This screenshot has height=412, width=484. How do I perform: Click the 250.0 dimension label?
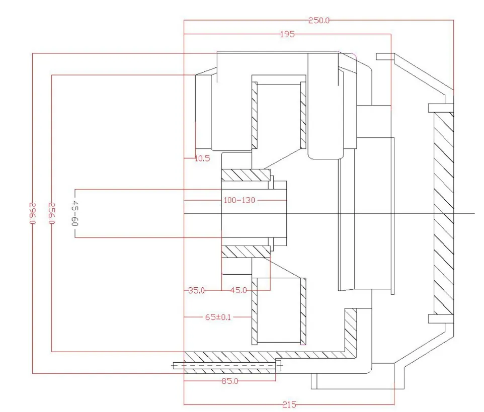point(319,20)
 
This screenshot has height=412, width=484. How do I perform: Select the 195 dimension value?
point(287,34)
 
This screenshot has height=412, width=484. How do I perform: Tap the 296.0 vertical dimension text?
point(32,214)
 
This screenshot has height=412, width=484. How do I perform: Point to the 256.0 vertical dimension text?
point(51,214)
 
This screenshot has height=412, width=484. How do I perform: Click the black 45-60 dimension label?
point(75,214)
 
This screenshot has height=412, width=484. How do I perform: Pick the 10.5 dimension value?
point(202,158)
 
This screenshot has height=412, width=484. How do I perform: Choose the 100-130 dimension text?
point(239,200)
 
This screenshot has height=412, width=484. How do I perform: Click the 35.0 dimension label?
point(196,290)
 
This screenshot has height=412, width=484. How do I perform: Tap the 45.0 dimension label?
point(238,290)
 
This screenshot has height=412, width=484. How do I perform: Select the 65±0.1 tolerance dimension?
point(218,317)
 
